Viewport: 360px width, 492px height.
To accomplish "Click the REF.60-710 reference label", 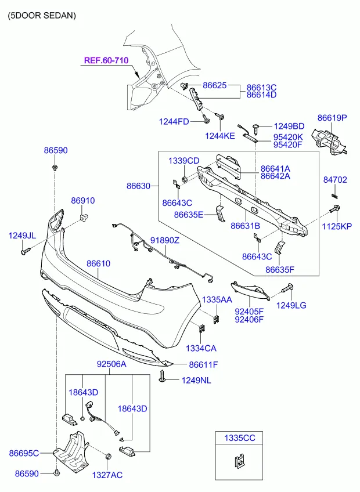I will click(x=106, y=60).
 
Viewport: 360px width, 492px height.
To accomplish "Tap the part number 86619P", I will click(x=332, y=117).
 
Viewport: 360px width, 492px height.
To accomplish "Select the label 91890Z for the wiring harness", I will click(x=165, y=240).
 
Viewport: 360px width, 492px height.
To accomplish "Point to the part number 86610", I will click(x=98, y=263).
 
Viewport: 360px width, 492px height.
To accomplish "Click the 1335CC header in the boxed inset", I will click(x=235, y=438).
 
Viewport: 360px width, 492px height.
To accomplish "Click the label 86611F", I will click(x=203, y=364).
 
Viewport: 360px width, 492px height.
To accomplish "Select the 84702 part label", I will click(x=335, y=180).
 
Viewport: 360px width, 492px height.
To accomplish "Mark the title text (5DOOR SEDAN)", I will click(x=42, y=16).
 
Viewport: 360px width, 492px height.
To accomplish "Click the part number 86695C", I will click(x=24, y=453).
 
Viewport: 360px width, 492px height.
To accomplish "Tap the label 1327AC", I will click(x=107, y=475).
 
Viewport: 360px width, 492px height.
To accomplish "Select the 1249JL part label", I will click(x=22, y=236).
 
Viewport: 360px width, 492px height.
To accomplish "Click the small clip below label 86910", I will click(x=82, y=217).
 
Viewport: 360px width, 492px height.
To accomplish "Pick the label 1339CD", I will click(x=183, y=160).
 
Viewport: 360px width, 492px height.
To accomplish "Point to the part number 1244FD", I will click(x=174, y=121).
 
